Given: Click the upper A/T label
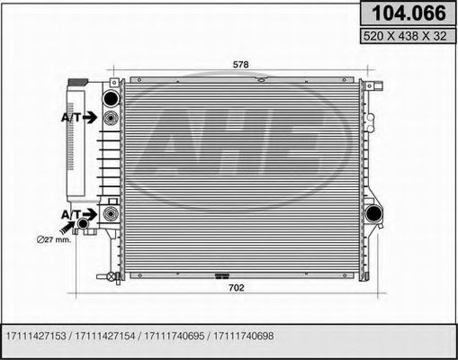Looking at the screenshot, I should [x=73, y=117].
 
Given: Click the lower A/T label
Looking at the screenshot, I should [x=72, y=213].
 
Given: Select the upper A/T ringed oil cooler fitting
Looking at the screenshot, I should [x=111, y=117].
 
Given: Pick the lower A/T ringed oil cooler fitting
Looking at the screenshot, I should [x=111, y=213].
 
